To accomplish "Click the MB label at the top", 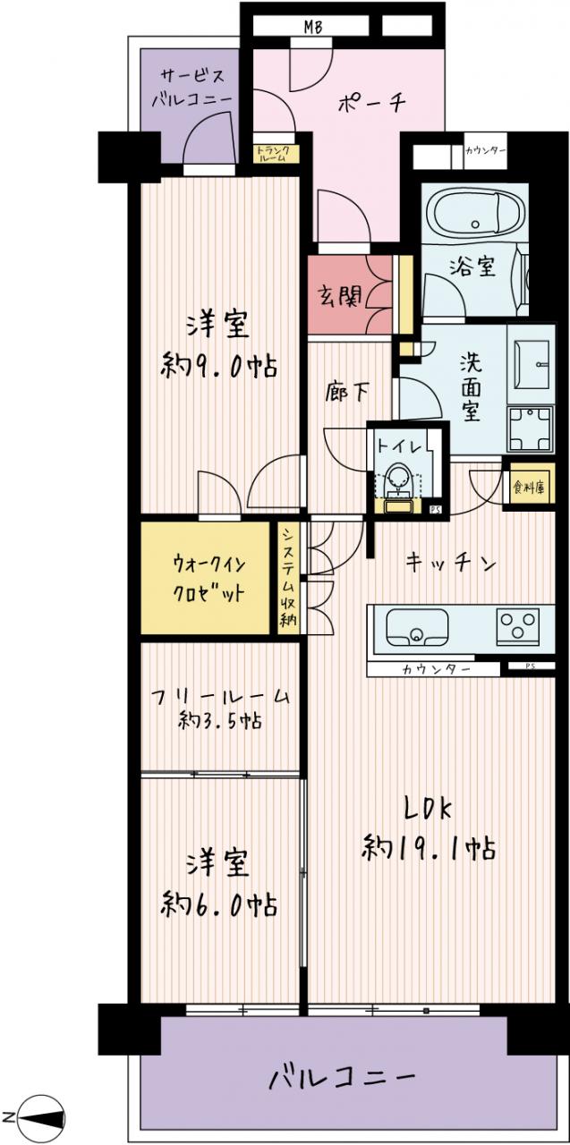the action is (x=313, y=27).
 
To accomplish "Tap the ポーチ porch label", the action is (x=371, y=103).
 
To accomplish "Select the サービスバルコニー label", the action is (x=191, y=88).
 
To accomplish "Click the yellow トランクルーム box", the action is (x=276, y=153).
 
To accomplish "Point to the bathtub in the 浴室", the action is (x=475, y=213).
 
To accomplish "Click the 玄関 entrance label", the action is (x=339, y=295).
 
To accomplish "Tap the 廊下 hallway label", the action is (x=347, y=392).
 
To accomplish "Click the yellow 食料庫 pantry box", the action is (x=529, y=488).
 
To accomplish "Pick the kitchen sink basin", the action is (x=417, y=628).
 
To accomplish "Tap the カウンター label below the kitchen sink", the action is (x=436, y=669).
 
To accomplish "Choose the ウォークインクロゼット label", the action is (x=208, y=580).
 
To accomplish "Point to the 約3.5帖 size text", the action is (x=221, y=721).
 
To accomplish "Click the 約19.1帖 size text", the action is (x=429, y=848).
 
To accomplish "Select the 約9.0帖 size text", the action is (x=219, y=366).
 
